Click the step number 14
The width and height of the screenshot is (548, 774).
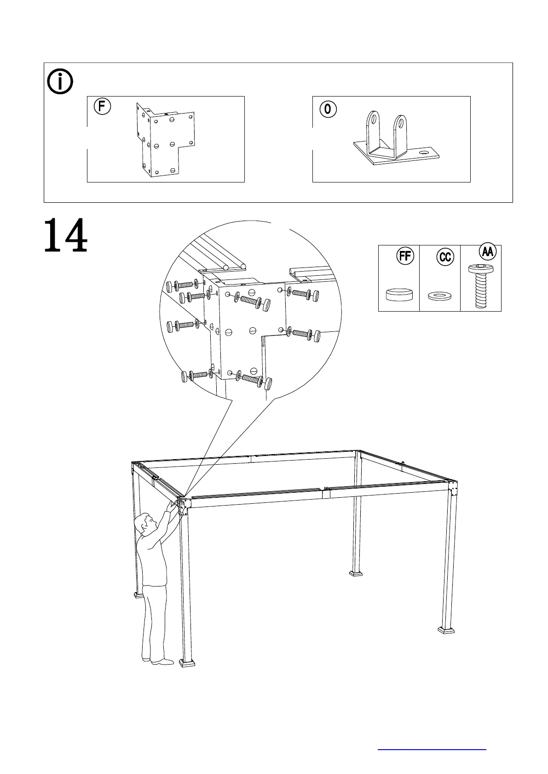pos(66,235)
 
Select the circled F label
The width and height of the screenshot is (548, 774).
pos(102,107)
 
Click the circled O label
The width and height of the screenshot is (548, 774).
pos(327,109)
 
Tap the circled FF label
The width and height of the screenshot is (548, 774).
pos(405,256)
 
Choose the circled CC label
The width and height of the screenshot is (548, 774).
pos(445,256)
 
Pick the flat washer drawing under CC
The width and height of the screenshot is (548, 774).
pos(439,296)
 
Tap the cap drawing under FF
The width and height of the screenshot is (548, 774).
pos(399,294)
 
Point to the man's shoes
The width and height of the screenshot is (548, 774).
pos(159,661)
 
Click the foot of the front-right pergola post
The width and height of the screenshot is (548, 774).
pos(446,629)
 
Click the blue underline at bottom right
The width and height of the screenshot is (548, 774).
pos(432,749)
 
